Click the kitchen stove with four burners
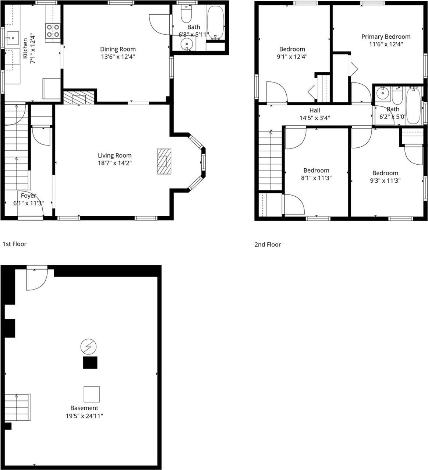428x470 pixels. click(x=53, y=31)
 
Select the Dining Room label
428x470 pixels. click(x=118, y=49)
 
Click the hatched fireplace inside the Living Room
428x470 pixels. click(x=164, y=161)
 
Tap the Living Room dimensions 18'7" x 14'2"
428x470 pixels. click(x=114, y=163)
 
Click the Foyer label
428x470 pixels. click(x=28, y=196)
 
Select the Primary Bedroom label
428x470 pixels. click(x=386, y=36)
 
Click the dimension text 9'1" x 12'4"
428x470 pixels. click(x=292, y=57)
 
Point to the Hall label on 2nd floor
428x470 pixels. click(x=315, y=110)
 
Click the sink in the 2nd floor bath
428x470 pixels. click(x=383, y=93)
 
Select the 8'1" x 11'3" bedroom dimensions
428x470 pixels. click(x=316, y=178)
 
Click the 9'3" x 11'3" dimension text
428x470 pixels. click(x=385, y=180)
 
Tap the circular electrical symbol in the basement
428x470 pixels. click(x=88, y=346)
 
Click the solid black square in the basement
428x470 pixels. click(x=90, y=362)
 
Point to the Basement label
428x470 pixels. click(x=84, y=408)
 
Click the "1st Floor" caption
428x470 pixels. click(x=15, y=244)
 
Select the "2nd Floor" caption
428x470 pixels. click(x=268, y=245)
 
